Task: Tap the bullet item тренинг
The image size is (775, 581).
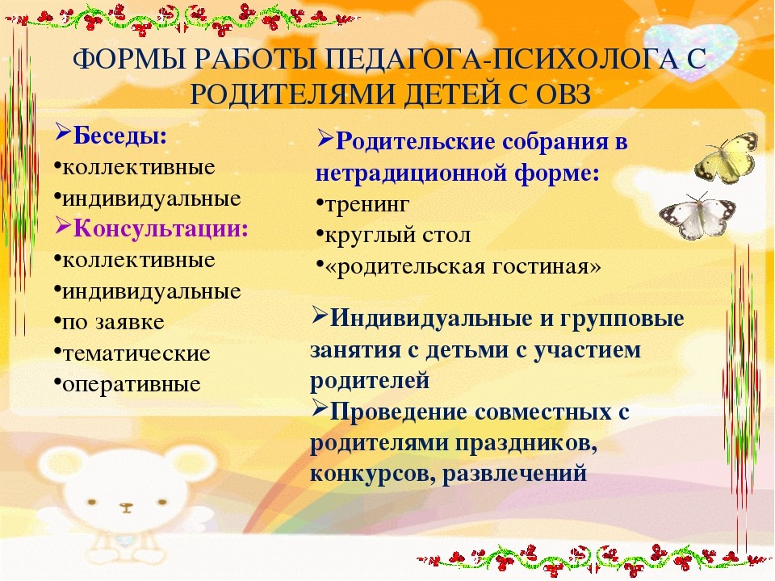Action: point(367,204)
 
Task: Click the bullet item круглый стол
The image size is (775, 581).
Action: point(397,235)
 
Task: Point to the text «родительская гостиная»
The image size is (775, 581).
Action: point(463,266)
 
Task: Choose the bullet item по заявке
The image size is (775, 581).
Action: point(113,323)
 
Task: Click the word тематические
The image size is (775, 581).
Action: point(136,353)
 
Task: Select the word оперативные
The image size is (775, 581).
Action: point(132,384)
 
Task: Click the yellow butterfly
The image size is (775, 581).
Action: point(727,158)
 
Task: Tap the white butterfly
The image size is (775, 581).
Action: point(697,217)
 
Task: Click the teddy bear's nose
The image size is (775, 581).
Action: point(127,507)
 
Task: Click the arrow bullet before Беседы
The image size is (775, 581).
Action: point(63,132)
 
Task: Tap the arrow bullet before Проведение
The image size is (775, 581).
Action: point(320,408)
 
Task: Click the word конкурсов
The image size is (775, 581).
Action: point(372,474)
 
